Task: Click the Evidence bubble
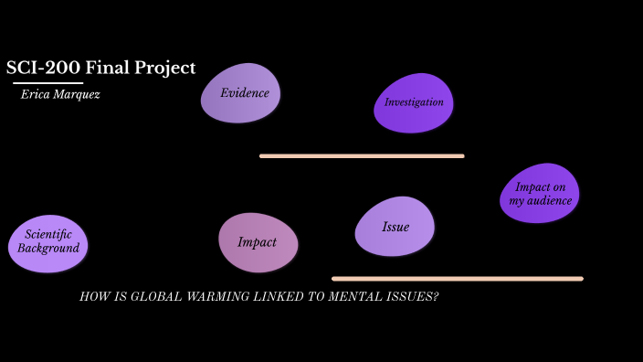click(241, 93)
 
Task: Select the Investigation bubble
click(413, 102)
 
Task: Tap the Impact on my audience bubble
click(540, 194)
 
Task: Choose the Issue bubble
click(395, 227)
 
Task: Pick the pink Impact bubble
click(258, 242)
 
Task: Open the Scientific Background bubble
click(47, 242)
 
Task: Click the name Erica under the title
click(36, 94)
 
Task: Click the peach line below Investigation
click(362, 156)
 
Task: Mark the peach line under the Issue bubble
click(457, 279)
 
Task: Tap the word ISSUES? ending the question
click(411, 297)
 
